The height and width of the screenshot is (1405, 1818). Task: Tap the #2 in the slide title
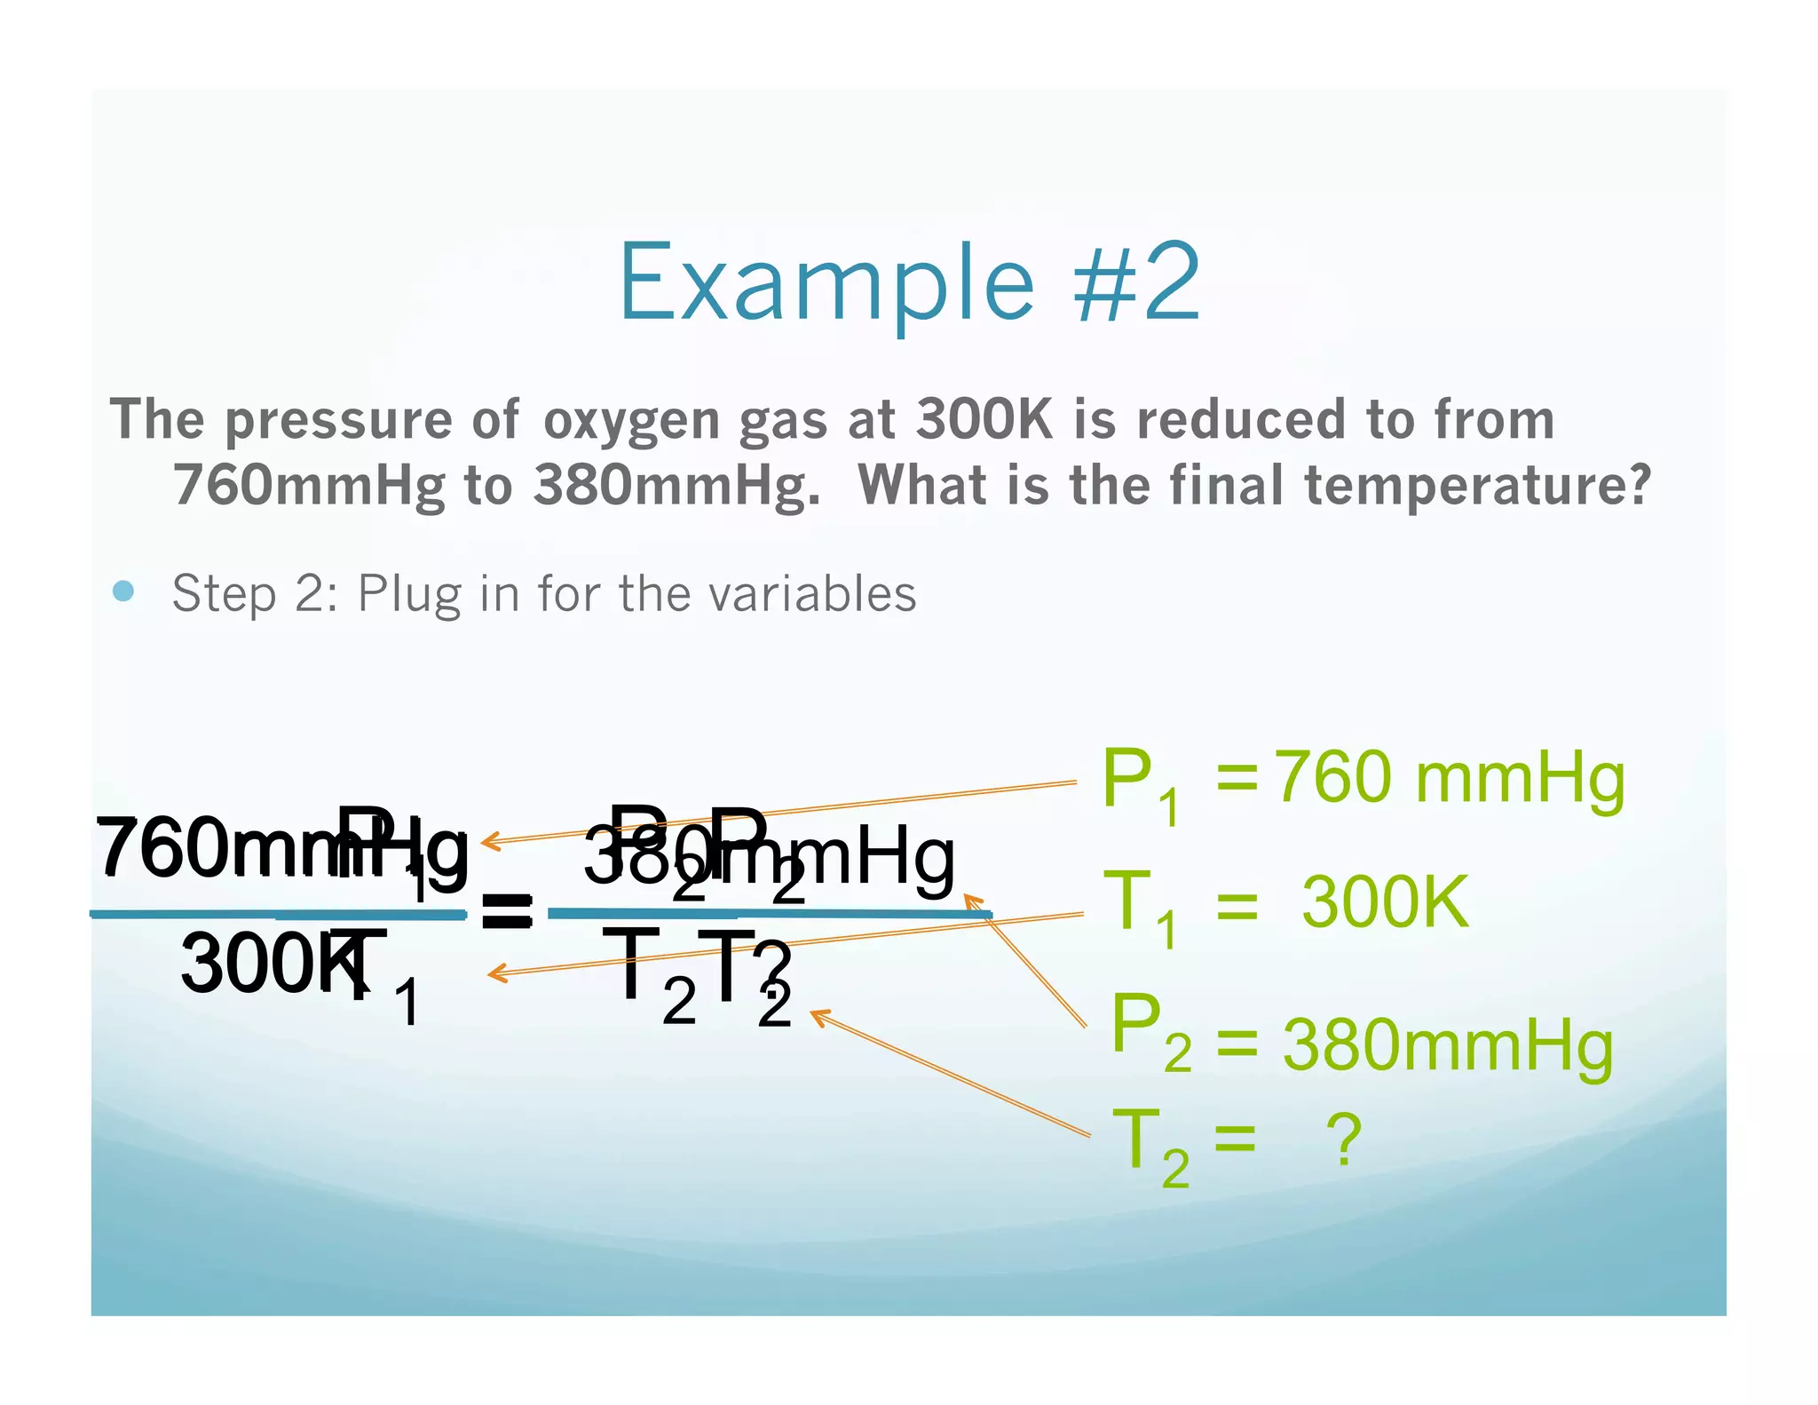(x=1138, y=282)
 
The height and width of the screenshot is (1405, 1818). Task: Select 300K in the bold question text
(x=984, y=419)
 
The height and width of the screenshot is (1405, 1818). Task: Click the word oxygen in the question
(x=631, y=421)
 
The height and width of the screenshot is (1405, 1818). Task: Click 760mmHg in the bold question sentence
(x=309, y=486)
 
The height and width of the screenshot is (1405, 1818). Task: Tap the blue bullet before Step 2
(x=124, y=591)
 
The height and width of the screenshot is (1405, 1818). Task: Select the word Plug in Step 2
(x=408, y=594)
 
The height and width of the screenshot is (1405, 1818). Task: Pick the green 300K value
(x=1385, y=902)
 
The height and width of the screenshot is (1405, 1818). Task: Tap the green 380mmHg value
(x=1447, y=1046)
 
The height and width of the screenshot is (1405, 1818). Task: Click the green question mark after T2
(x=1343, y=1140)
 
